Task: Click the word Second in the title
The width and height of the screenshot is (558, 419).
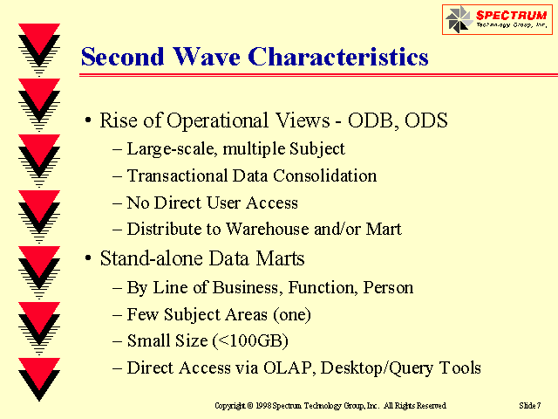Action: tap(122, 57)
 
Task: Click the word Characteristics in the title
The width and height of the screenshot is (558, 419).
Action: tap(338, 57)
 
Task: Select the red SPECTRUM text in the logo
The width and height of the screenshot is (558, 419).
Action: tap(511, 16)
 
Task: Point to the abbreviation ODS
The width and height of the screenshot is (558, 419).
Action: tap(426, 120)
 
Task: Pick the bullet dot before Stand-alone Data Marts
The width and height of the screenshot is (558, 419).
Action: tap(88, 258)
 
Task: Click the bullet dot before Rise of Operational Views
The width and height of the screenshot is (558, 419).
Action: tap(88, 120)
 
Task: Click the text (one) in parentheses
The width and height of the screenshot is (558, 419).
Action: tap(292, 314)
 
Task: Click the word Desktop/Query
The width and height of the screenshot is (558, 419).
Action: tap(377, 368)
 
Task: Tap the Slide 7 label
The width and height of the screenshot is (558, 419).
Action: tap(530, 405)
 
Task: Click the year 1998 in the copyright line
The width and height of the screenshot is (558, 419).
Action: tap(263, 405)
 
